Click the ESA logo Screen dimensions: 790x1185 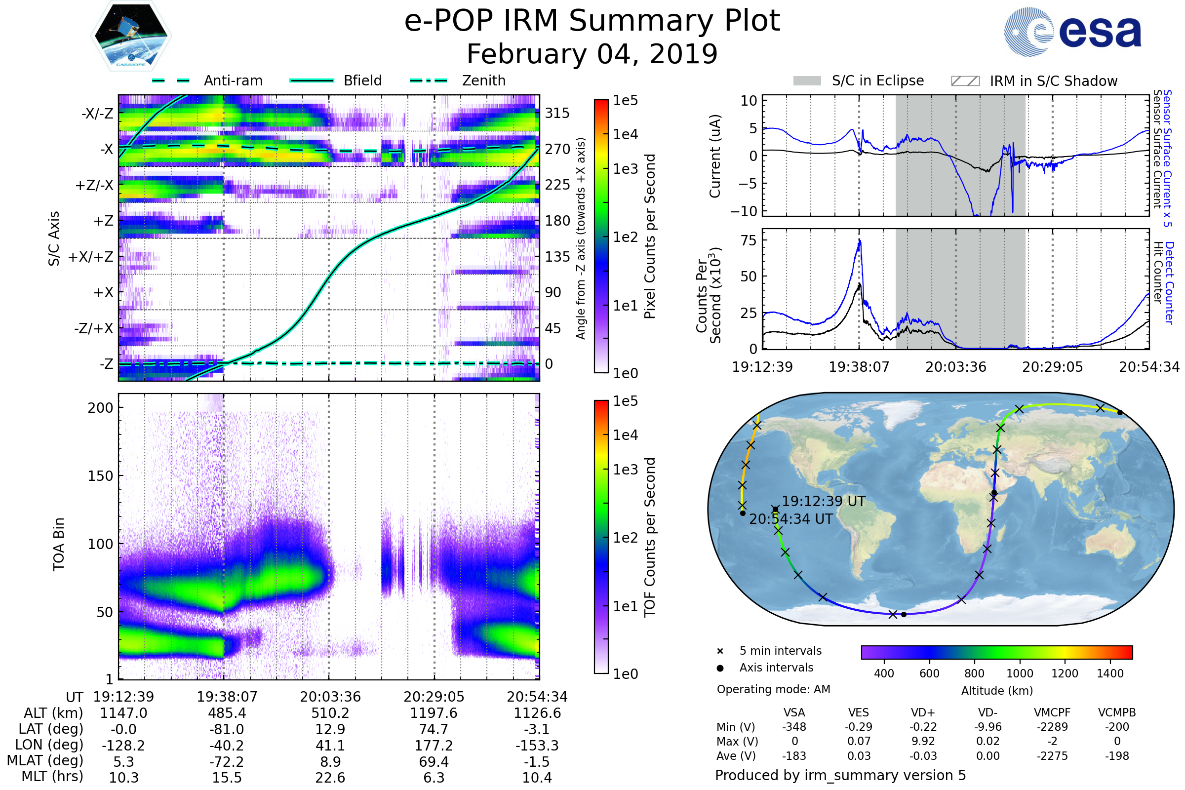click(x=1072, y=31)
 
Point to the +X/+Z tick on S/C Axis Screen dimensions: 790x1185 click(x=91, y=257)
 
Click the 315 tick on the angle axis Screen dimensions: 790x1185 click(x=557, y=113)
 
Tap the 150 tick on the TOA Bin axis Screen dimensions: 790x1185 click(x=100, y=475)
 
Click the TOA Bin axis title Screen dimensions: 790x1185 click(x=59, y=544)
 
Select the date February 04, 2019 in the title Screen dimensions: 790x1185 click(x=592, y=54)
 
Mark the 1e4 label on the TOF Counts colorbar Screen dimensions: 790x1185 click(x=625, y=435)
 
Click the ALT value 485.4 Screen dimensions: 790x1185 click(x=227, y=713)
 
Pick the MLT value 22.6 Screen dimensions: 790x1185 click(x=330, y=777)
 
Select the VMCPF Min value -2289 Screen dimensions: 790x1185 click(x=1052, y=726)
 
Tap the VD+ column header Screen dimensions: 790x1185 click(x=922, y=712)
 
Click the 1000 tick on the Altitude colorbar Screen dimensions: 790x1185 click(x=1019, y=673)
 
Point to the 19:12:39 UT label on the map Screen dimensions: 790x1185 click(x=823, y=501)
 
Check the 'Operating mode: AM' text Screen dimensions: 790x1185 click(x=773, y=689)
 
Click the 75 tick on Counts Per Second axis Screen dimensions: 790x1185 click(x=749, y=240)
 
